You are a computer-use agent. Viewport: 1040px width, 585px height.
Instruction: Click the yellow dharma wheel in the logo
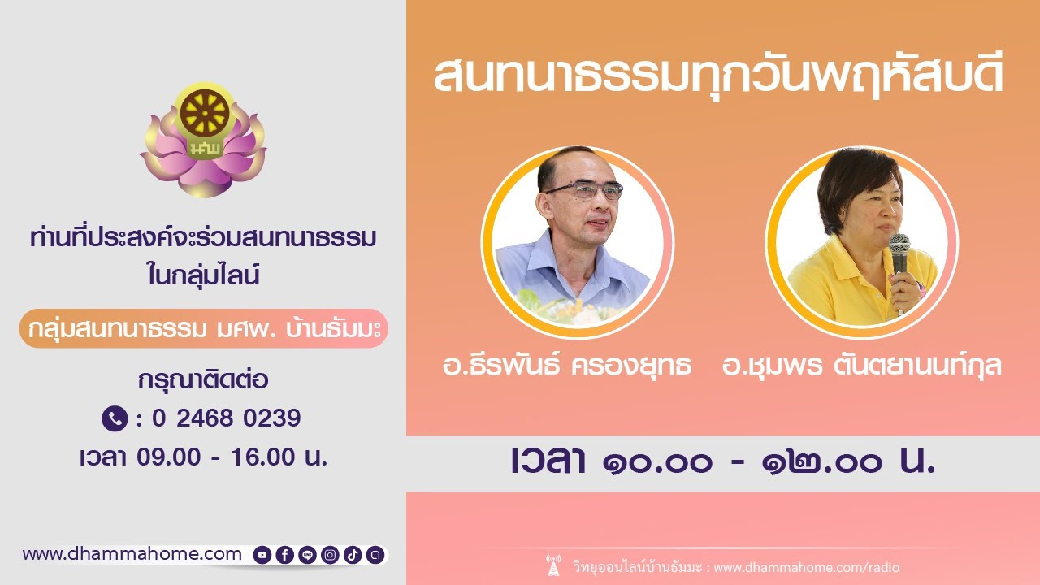tap(205, 113)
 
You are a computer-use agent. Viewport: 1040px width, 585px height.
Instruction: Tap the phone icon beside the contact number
tap(115, 418)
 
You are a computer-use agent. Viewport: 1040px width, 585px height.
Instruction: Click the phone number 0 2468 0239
tap(227, 418)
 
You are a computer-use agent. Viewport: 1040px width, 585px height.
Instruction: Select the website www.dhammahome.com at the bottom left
tap(132, 554)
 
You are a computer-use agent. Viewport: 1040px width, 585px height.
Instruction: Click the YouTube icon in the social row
tap(262, 555)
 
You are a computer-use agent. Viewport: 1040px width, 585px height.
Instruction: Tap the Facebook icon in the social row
tap(284, 555)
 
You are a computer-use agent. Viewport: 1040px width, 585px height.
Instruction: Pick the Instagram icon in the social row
tap(330, 555)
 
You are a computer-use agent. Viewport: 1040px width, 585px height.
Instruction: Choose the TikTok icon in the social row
tap(353, 555)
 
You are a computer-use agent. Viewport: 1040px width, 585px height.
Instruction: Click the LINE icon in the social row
tap(307, 555)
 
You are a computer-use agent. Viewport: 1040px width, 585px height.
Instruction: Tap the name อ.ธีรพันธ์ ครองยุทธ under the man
tap(567, 365)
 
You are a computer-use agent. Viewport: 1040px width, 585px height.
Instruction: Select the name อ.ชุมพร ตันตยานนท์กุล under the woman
tap(862, 366)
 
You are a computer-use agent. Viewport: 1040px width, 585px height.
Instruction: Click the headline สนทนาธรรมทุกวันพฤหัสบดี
tap(719, 76)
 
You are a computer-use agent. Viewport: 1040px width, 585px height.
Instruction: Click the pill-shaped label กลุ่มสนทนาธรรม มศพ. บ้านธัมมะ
tap(204, 328)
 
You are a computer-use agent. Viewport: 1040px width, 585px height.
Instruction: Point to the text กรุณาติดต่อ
tap(203, 379)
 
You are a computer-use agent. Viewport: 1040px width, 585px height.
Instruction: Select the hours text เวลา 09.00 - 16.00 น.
tap(203, 457)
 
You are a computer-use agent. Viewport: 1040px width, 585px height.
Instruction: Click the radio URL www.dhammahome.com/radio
tap(807, 567)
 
